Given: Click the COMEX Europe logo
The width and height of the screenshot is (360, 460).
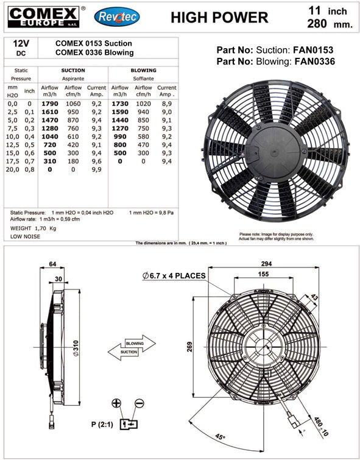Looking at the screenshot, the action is (x=43, y=17).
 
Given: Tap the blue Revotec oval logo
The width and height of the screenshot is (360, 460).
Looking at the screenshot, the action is (x=117, y=17).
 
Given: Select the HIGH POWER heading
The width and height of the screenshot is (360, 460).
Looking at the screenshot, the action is (x=219, y=18).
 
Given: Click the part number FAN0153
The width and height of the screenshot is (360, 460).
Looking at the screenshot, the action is (x=313, y=50).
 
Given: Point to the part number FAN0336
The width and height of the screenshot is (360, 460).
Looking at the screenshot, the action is (x=314, y=62).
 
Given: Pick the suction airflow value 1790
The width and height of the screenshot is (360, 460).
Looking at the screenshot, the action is (x=49, y=104).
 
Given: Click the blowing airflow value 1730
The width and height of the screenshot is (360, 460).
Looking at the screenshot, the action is (x=120, y=104).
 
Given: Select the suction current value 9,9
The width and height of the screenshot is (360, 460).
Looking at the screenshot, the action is (x=96, y=169).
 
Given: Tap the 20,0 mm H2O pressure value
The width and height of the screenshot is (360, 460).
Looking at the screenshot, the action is (x=13, y=169).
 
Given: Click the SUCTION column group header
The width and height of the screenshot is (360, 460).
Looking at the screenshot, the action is (x=73, y=71).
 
